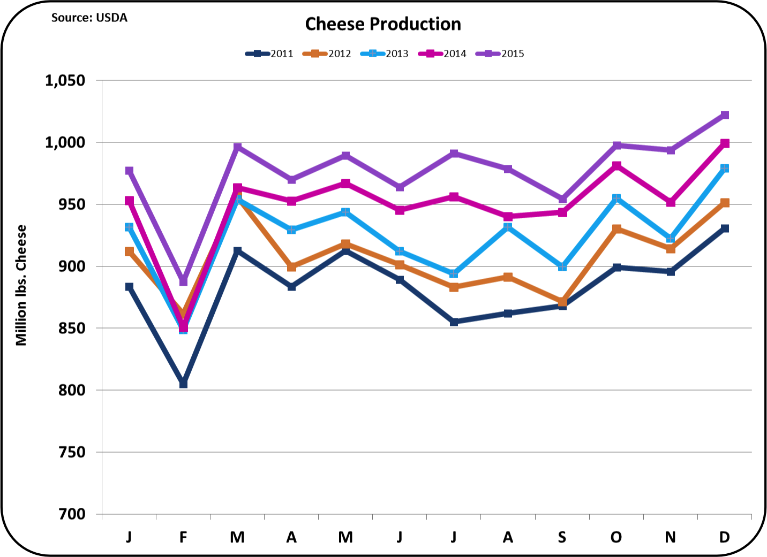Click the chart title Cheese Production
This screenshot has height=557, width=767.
tap(383, 24)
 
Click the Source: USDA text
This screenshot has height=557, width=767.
tap(89, 18)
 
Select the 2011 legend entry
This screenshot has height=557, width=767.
tap(270, 54)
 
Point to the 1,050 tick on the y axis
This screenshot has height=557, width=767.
tap(65, 81)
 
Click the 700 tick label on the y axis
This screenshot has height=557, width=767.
tap(72, 514)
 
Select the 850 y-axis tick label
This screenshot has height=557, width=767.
tap(72, 329)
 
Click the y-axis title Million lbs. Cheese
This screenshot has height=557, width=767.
tap(21, 285)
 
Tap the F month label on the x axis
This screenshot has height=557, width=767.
tap(183, 537)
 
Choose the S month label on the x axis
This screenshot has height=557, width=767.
tap(562, 537)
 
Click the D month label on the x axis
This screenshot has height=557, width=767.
tap(724, 537)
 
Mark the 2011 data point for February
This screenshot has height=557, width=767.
tap(183, 384)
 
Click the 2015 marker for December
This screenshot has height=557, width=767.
tap(725, 115)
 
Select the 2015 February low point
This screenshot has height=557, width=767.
tap(183, 281)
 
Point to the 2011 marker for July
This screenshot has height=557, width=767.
tap(454, 322)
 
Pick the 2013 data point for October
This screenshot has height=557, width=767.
tap(616, 199)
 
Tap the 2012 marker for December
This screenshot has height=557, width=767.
tap(725, 203)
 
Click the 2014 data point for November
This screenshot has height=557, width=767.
tap(671, 203)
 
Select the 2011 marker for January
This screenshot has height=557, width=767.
tap(129, 287)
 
